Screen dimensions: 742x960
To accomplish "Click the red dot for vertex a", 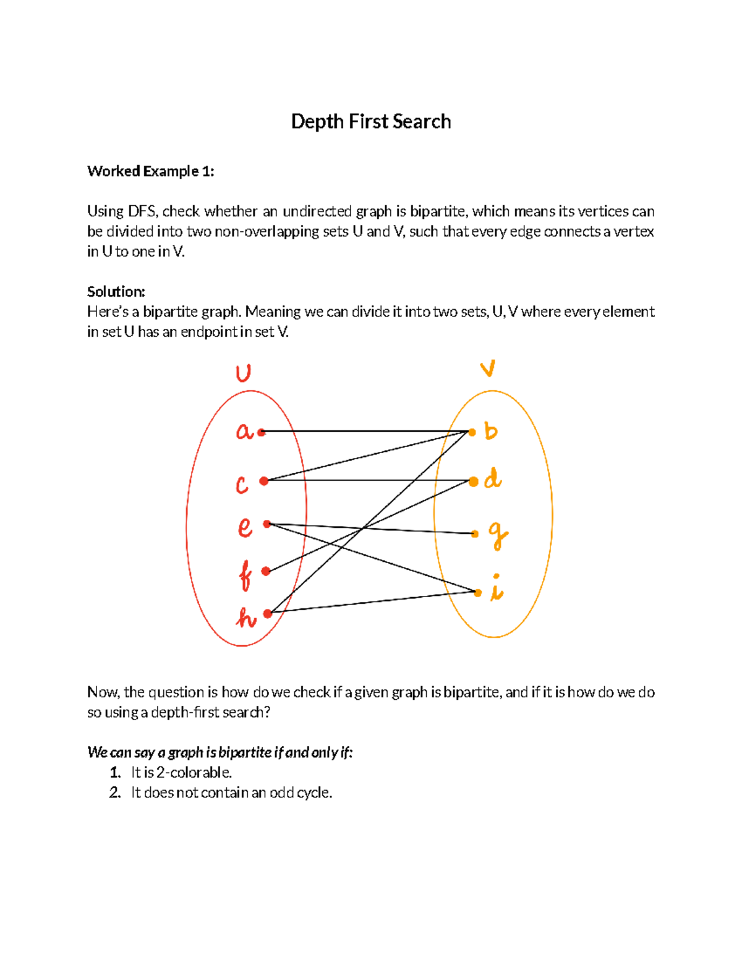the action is tap(262, 432).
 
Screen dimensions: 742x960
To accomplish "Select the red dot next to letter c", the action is tap(264, 481).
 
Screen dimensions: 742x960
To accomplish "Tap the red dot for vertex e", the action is tap(267, 524).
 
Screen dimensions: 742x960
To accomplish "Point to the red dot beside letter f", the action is tap(266, 571).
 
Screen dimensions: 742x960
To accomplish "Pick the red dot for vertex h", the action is tap(268, 613).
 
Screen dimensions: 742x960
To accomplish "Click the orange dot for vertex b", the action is tap(472, 432).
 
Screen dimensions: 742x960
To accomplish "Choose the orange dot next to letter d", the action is tap(474, 481).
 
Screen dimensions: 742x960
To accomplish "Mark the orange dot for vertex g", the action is tap(475, 533).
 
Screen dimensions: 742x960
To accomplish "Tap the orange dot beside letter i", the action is tap(477, 592).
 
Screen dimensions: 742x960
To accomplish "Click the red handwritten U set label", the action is tap(243, 374).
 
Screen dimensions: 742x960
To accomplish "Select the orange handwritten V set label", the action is tap(488, 369).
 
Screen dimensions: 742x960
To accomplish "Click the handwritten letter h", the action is tap(246, 618).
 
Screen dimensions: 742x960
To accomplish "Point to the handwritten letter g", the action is tap(498, 535).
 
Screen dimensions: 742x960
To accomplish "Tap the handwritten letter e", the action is tap(245, 527).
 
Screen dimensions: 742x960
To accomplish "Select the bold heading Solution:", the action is tap(116, 292).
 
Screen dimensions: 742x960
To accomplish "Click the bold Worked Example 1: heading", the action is tap(151, 171).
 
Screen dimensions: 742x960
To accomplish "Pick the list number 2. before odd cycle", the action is tap(115, 792).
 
